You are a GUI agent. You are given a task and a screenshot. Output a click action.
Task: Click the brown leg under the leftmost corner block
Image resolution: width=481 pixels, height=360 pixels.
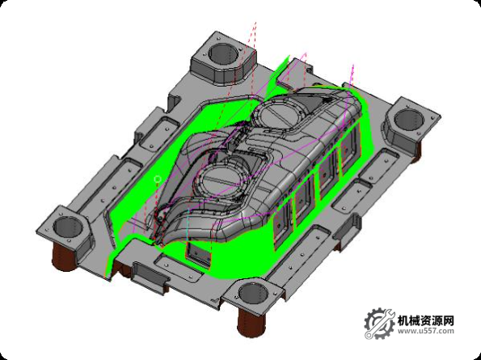64,259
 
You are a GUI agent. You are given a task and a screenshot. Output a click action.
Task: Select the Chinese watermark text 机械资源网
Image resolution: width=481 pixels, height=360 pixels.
426,319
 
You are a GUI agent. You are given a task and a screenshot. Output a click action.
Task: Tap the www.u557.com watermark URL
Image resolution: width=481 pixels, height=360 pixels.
426,331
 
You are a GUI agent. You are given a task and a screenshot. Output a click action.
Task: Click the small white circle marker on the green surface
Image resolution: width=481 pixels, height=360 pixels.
158,178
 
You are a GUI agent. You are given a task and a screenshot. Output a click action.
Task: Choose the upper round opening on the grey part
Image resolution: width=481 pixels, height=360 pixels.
285,112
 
